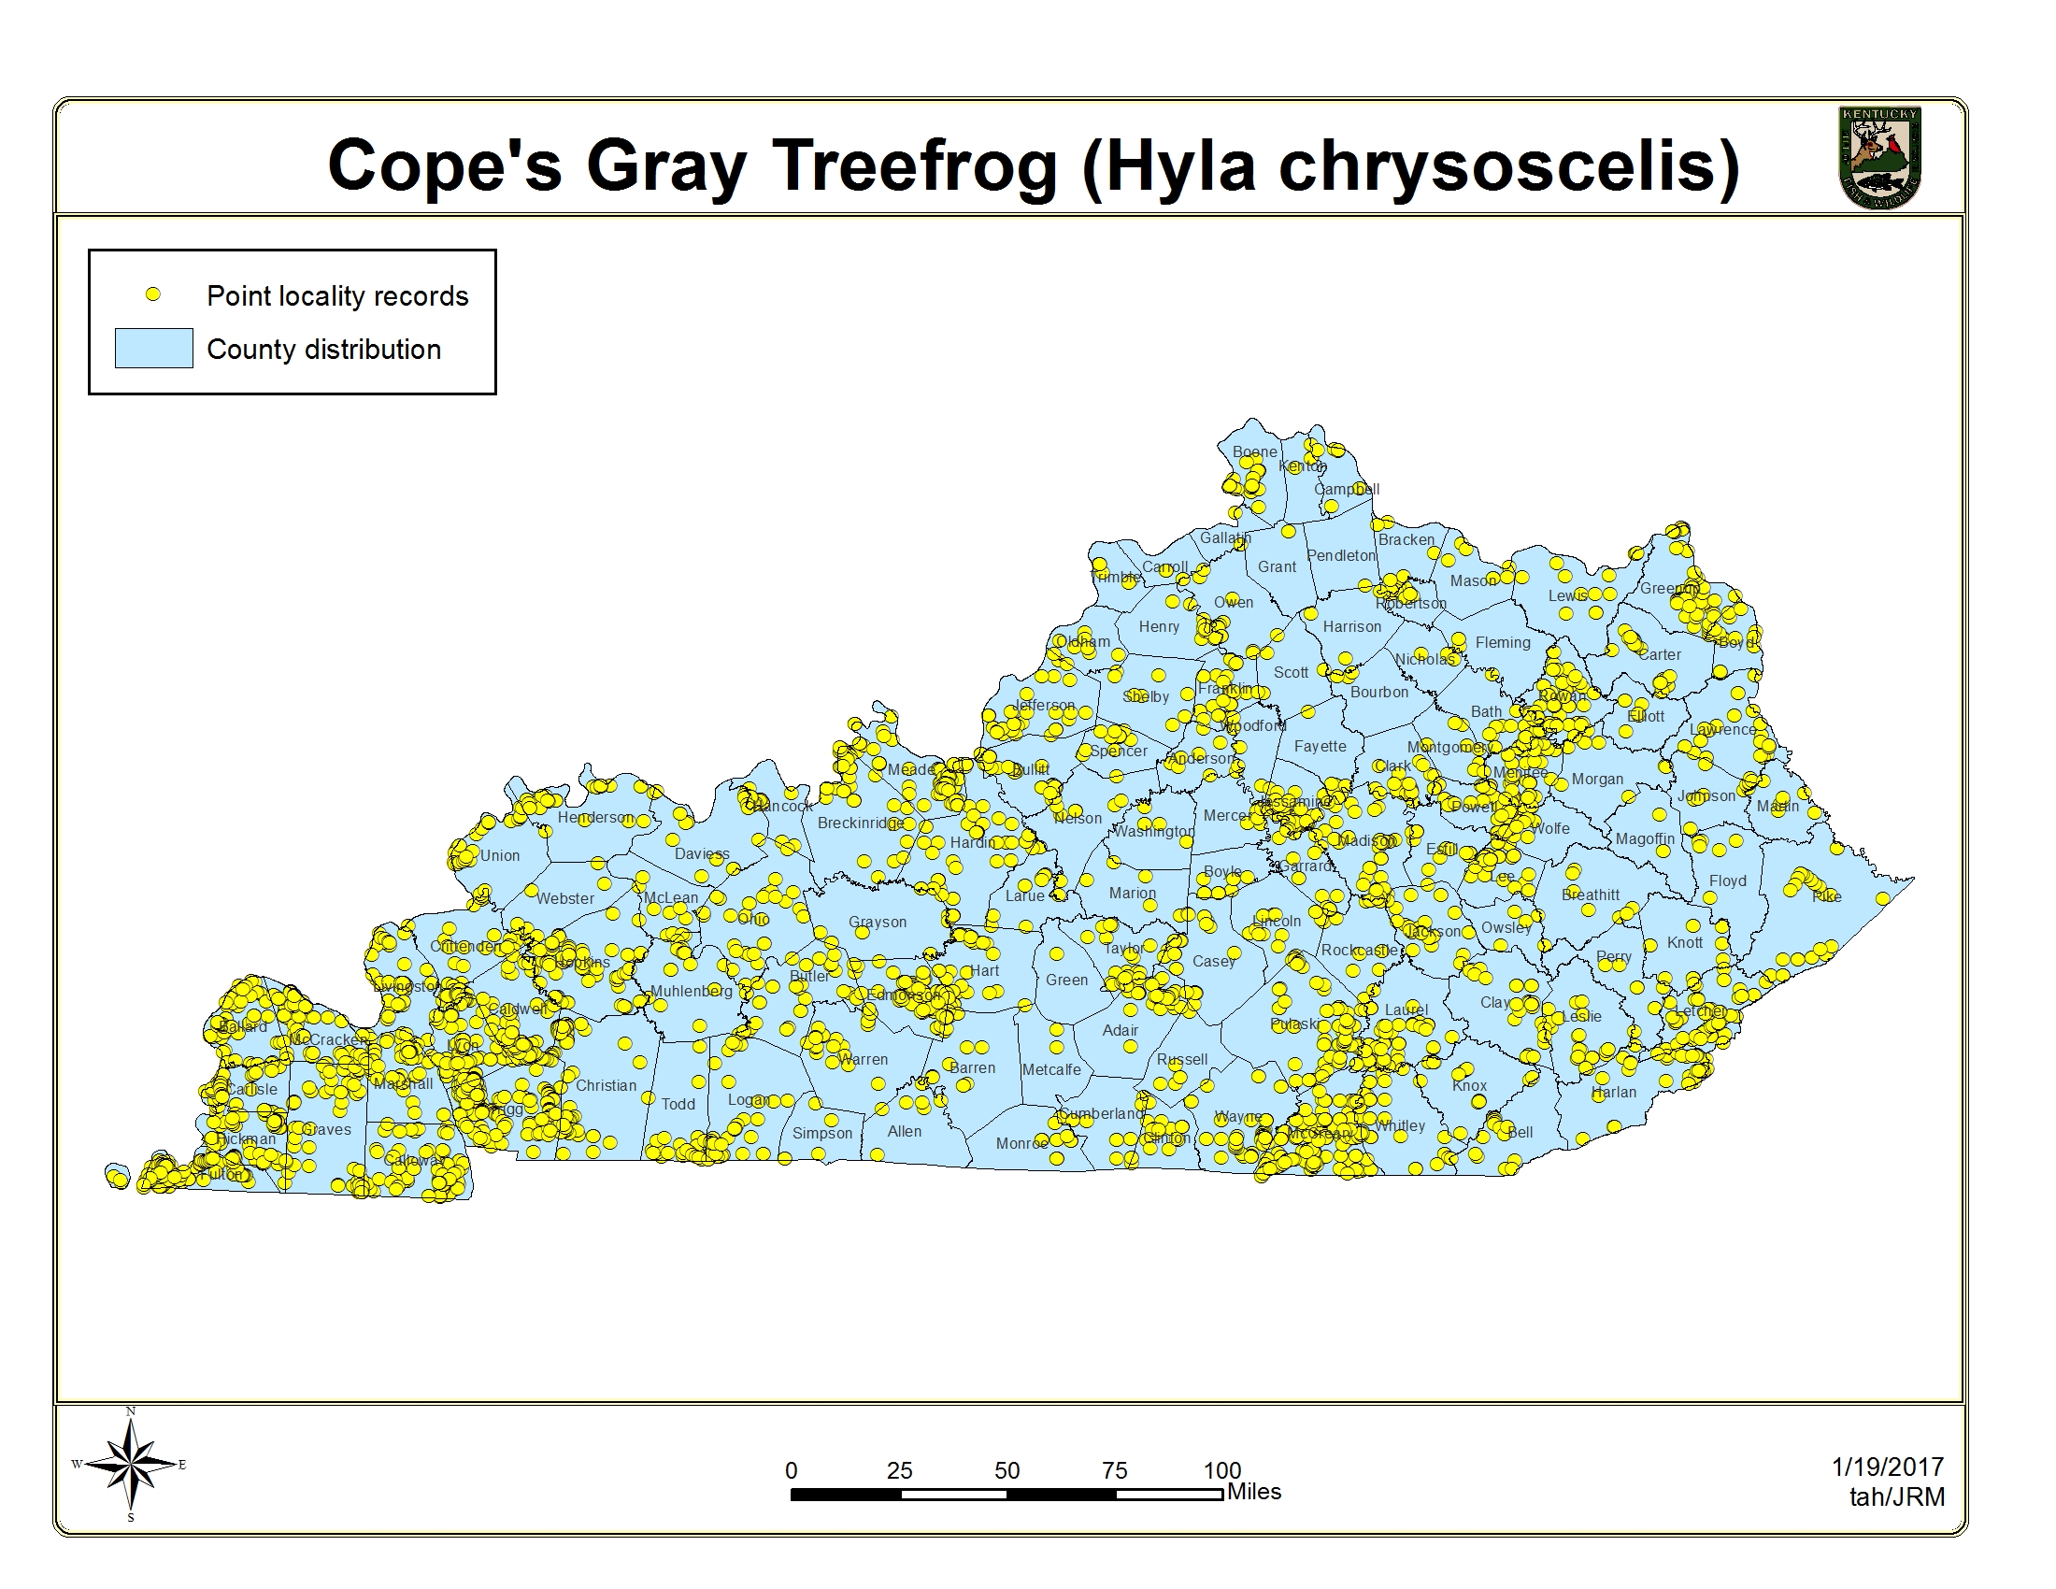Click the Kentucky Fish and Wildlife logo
[x=1879, y=157]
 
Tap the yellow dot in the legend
[x=152, y=294]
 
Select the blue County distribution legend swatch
[x=153, y=349]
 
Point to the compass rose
[x=131, y=1464]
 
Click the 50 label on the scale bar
[x=1007, y=1470]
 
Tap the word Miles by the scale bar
[x=1254, y=1492]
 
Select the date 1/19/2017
[x=1888, y=1467]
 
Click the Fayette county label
[x=1320, y=747]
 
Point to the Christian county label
[x=606, y=1085]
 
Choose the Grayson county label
[x=878, y=923]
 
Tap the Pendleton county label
[x=1340, y=556]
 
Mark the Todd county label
[x=678, y=1104]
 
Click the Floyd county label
[x=1727, y=881]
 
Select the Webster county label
[x=564, y=899]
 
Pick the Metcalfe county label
[x=1051, y=1070]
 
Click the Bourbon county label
[x=1379, y=693]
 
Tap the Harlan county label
[x=1614, y=1093]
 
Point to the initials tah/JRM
[x=1897, y=1496]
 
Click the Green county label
[x=1066, y=980]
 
